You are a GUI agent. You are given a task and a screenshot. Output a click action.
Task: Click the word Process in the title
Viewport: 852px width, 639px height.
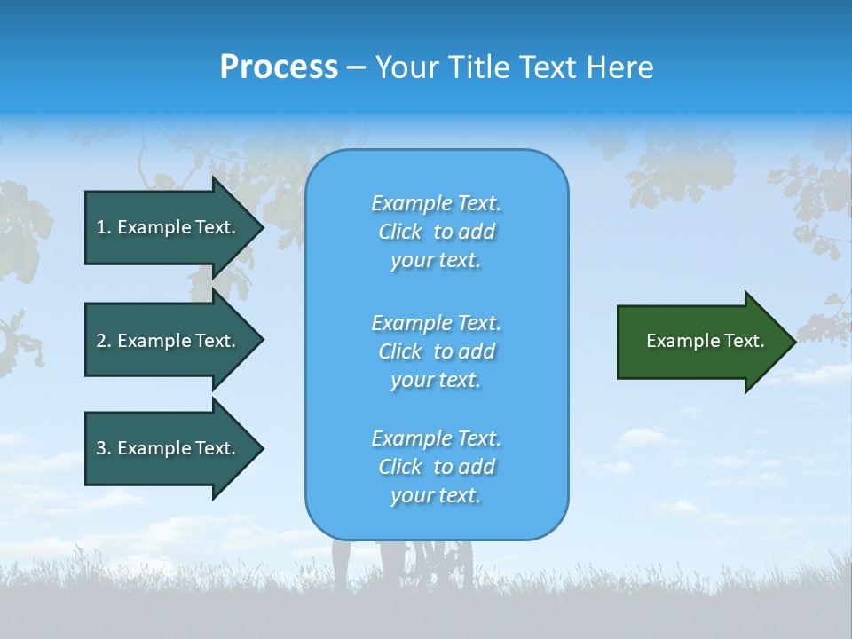279,67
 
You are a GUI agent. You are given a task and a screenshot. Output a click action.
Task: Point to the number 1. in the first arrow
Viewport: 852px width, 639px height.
103,227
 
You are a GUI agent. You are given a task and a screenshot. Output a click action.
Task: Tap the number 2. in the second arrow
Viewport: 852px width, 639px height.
103,341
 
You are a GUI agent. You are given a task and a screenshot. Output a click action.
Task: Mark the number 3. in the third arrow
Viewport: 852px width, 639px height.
103,448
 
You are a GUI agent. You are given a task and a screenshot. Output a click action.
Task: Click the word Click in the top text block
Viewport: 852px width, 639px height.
400,232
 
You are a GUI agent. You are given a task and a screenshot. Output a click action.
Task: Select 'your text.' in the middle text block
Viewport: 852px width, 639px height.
436,380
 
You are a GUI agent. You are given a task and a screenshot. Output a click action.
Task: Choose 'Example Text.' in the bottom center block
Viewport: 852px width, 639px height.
436,438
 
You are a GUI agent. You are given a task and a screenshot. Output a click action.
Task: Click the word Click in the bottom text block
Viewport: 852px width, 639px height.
400,467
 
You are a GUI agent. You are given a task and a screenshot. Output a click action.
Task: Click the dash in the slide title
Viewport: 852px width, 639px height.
356,67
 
